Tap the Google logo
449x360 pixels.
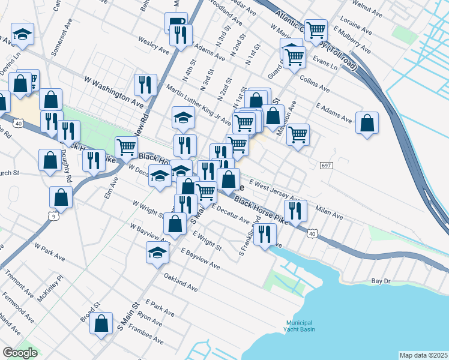(x=20, y=353)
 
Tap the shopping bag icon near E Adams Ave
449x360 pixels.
(x=367, y=122)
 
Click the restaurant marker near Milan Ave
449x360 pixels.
(x=295, y=210)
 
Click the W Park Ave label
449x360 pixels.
(x=49, y=252)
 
